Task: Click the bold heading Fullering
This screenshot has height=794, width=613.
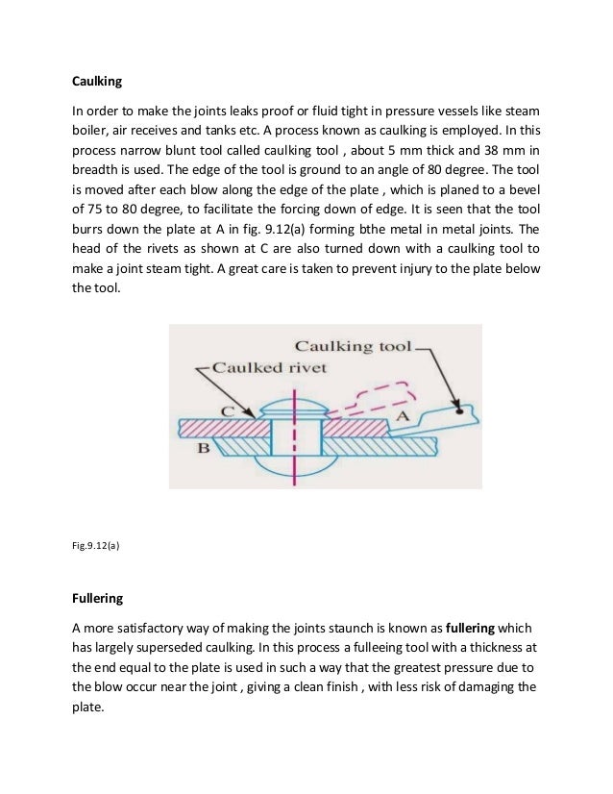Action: (98, 598)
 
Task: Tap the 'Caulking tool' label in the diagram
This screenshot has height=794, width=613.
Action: (353, 345)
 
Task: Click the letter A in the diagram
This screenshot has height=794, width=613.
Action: (405, 415)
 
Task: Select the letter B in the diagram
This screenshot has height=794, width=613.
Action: (204, 448)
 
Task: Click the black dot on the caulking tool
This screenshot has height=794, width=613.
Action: (462, 409)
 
